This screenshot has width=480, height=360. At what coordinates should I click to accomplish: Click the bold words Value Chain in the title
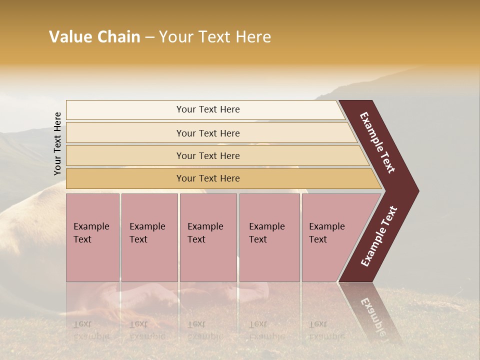[x=94, y=37]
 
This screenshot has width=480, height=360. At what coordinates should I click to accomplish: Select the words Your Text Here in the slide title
[x=215, y=37]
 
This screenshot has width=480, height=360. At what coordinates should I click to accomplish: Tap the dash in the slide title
[x=149, y=37]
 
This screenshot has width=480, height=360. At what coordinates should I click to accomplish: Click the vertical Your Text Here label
[x=57, y=144]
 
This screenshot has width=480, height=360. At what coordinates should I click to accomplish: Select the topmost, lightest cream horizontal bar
[x=208, y=109]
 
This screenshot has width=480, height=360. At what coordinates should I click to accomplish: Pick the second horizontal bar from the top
[x=208, y=133]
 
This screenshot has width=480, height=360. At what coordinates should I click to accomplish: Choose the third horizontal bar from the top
[x=208, y=155]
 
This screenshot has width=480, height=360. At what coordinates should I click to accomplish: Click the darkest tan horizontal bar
[x=208, y=178]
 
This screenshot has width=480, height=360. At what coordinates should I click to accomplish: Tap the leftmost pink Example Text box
[x=92, y=237]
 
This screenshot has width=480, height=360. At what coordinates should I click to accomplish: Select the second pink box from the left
[x=149, y=237]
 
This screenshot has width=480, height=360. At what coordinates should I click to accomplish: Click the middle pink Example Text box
[x=208, y=237]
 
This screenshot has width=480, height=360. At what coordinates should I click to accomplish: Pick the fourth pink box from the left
[x=269, y=237]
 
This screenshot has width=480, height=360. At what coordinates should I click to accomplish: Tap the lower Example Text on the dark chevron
[x=378, y=236]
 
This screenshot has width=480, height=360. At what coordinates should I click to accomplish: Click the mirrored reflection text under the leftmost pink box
[x=91, y=330]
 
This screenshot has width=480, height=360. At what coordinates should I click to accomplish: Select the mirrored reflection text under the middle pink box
[x=205, y=330]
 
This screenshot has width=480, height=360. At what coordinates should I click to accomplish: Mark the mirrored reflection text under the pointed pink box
[x=326, y=330]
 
